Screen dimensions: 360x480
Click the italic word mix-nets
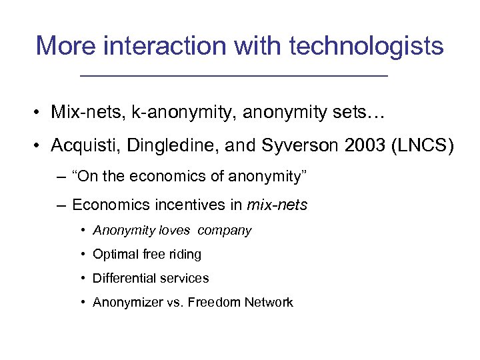(277, 205)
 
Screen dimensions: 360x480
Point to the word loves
(174, 231)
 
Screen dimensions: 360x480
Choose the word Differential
(121, 278)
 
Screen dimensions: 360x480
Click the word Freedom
(213, 303)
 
